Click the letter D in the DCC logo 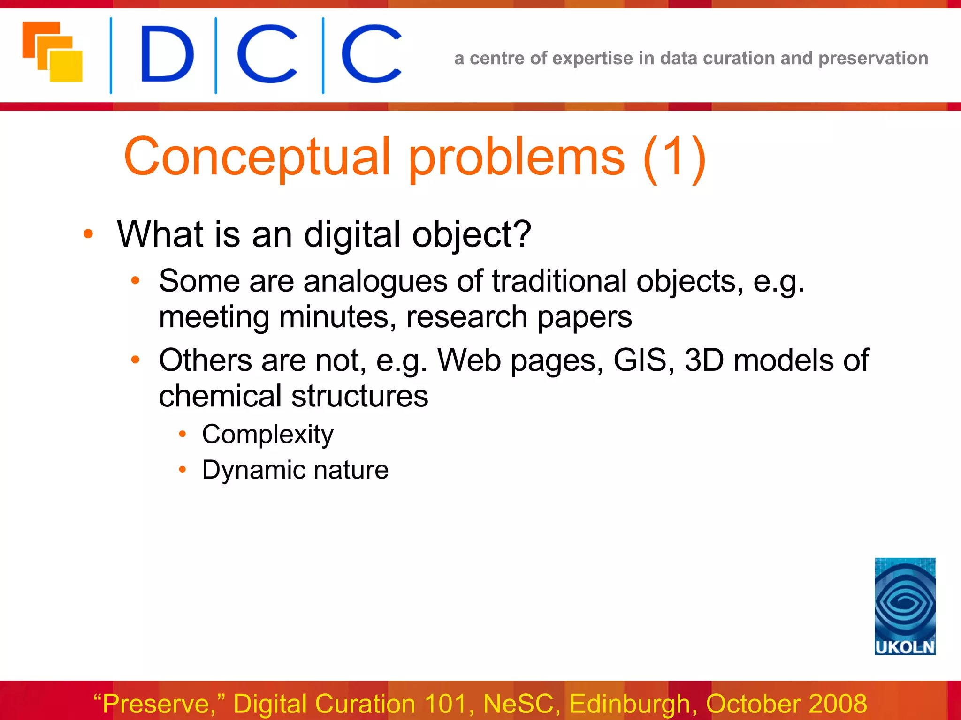167,54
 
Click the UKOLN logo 904,606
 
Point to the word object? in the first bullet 471,234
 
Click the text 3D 704,360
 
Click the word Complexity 267,434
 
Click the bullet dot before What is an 88,233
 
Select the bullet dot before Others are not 135,360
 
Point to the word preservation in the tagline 873,59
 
